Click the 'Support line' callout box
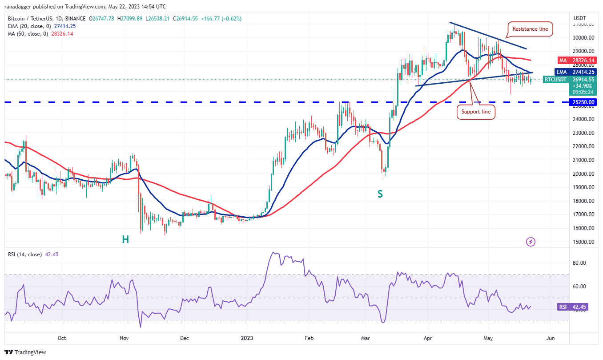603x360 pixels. tap(476, 112)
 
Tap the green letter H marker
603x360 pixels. tap(125, 239)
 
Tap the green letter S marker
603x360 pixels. tap(380, 194)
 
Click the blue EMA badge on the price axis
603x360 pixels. tap(563, 72)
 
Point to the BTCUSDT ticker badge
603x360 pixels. tap(555, 80)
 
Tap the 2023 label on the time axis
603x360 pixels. tap(247, 338)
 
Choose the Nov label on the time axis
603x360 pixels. tap(124, 338)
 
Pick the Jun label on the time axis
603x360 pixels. tap(551, 338)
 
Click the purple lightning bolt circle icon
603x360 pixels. tap(531, 242)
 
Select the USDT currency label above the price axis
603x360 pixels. tap(580, 18)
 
